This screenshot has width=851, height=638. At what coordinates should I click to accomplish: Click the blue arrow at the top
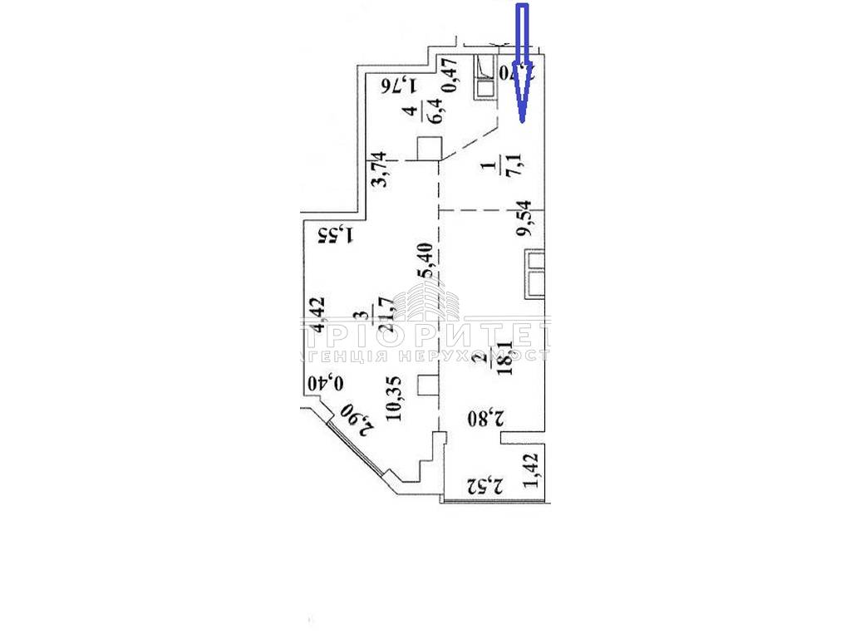point(523,62)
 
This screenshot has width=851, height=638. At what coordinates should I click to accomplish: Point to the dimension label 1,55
point(337,236)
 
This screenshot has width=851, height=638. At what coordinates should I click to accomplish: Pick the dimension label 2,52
point(486,483)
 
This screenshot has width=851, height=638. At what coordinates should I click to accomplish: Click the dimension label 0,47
point(450,76)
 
